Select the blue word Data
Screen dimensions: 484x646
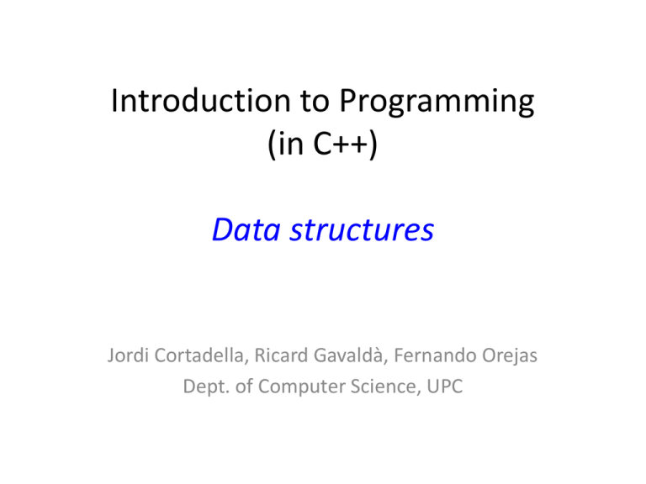point(245,229)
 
